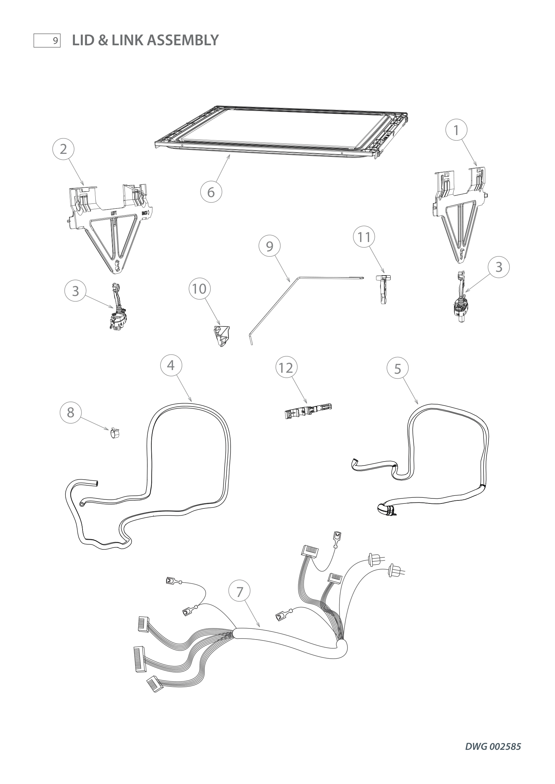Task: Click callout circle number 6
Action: pos(211,192)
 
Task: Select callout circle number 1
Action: pos(456,130)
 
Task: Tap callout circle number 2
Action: pos(63,149)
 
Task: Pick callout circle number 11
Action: pos(364,237)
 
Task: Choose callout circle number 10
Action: pos(200,289)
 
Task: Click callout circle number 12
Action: pos(286,368)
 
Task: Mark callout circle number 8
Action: pos(70,413)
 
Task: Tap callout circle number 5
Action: pos(397,368)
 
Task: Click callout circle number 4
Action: pos(171,365)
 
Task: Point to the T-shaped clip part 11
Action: pos(383,288)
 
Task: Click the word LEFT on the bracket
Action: pos(113,213)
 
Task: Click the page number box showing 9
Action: pos(47,41)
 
